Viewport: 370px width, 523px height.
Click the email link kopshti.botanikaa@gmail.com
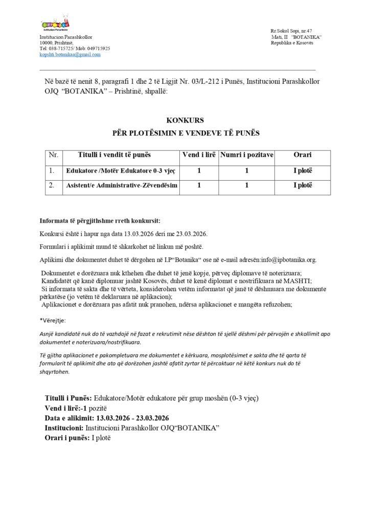[x=70, y=54]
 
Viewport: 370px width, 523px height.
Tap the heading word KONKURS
[x=185, y=120]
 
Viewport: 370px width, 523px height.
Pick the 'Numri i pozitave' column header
[x=246, y=154]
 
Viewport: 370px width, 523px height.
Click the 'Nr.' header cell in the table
[x=53, y=154]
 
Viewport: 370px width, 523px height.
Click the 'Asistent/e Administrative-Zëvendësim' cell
[x=122, y=186]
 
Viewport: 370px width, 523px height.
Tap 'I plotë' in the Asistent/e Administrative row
[x=302, y=186]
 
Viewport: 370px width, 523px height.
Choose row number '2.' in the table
[x=51, y=186]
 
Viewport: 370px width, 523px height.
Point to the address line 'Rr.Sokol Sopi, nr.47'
[x=290, y=31]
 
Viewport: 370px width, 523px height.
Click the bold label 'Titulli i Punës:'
[x=68, y=398]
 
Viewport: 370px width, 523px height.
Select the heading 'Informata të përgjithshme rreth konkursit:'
[x=100, y=221]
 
